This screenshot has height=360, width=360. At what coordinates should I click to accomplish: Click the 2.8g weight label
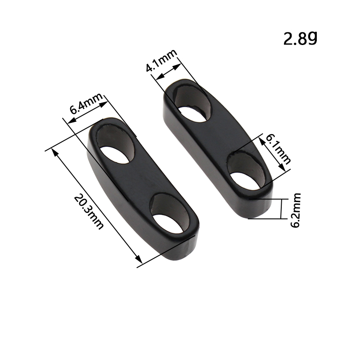click(300, 38)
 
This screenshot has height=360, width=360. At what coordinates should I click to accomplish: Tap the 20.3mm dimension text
click(89, 211)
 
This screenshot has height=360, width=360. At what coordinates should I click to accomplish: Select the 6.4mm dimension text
click(86, 103)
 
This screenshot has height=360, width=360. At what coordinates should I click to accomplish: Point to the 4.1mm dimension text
click(162, 60)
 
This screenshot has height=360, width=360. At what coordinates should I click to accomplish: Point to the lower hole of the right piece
click(246, 171)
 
